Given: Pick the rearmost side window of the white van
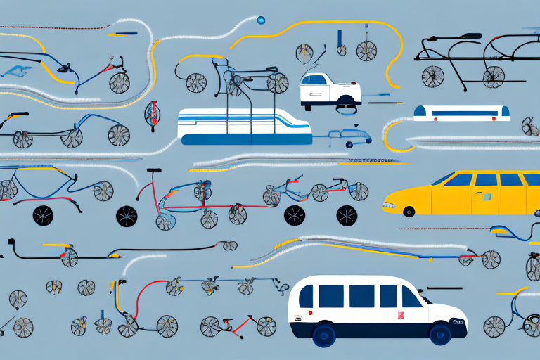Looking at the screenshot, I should (306, 296).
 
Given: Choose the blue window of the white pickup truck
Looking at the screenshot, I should (314, 79).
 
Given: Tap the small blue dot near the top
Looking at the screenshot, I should (262, 20).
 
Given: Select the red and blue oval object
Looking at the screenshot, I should (150, 112).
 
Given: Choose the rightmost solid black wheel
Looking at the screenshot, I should (346, 215).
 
